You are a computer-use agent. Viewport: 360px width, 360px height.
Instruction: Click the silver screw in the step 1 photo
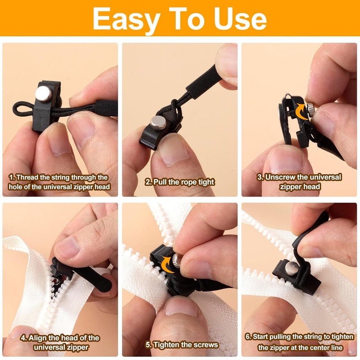pos(42,94)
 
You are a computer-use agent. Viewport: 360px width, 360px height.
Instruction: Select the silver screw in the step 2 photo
pos(158,121)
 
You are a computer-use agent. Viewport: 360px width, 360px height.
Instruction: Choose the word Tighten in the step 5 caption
pos(169,345)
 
